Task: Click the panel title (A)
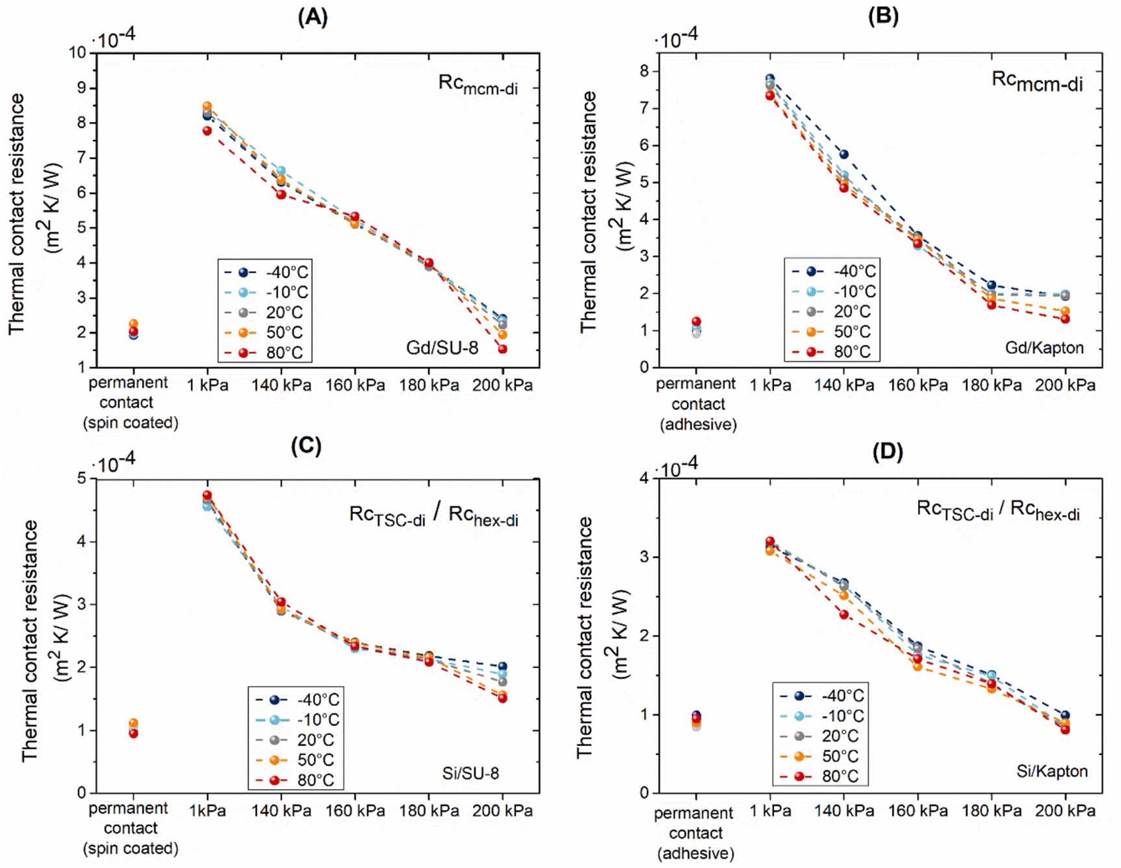pos(313,17)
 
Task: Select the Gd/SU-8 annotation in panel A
pos(442,347)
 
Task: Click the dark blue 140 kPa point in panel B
pos(843,155)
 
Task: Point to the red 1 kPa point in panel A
pos(207,131)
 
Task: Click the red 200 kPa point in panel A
pos(502,349)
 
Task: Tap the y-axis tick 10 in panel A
pos(78,53)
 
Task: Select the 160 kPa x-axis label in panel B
pos(918,385)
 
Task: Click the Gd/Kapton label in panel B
pos(1044,347)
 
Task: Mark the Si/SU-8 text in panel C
pos(470,773)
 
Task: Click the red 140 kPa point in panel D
pos(843,615)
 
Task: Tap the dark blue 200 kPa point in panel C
pos(502,666)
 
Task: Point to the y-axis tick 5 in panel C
pos(81,478)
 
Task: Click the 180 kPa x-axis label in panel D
pos(991,810)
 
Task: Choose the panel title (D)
pos(887,452)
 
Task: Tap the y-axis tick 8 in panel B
pos(644,71)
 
